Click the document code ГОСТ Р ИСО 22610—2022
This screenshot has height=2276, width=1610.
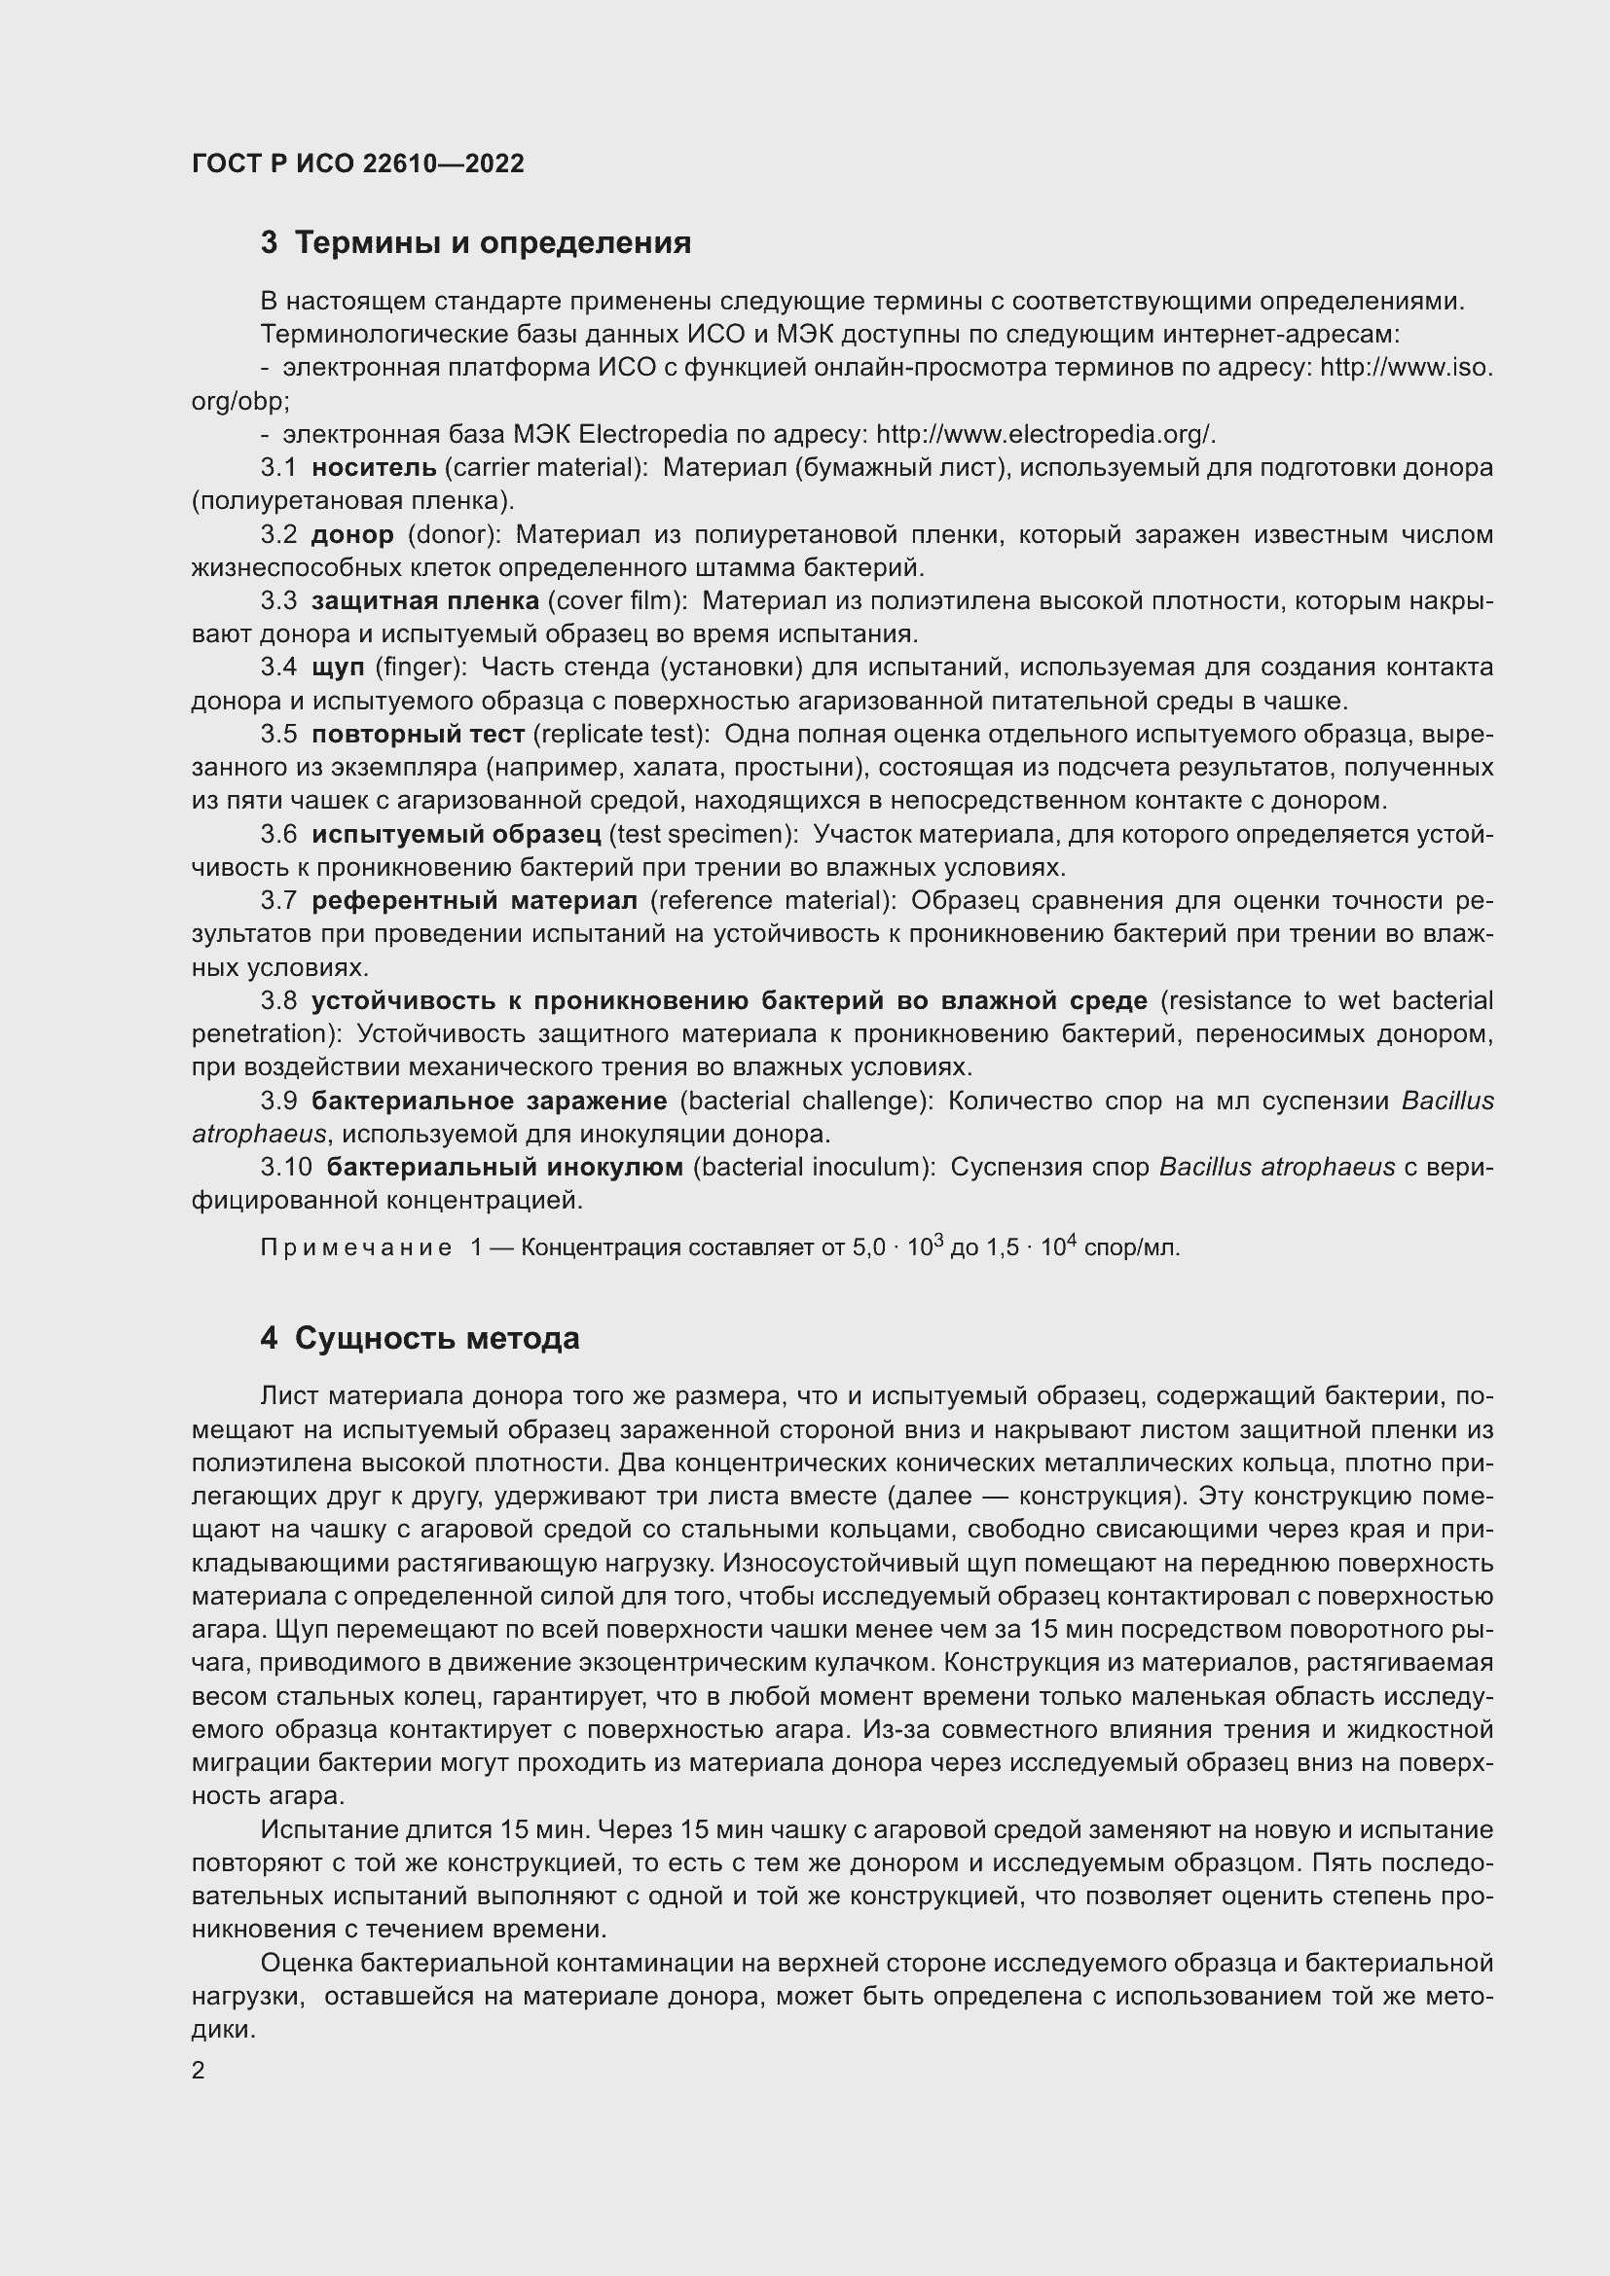357,163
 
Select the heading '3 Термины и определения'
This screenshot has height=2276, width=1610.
476,243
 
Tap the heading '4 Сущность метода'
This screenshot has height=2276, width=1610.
420,1338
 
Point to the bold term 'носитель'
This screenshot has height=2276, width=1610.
374,467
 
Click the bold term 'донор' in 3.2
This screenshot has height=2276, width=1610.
352,534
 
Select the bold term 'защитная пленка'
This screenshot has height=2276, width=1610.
425,600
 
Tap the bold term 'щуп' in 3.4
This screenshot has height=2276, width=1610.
338,668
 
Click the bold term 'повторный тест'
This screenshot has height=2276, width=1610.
418,735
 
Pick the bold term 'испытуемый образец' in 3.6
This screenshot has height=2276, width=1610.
456,835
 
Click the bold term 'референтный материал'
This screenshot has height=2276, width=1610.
474,901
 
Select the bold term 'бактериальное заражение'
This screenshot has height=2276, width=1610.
489,1102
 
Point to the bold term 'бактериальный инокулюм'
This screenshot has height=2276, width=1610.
504,1168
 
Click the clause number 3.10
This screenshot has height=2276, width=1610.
286,1168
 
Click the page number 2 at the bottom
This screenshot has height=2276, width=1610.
199,2071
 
